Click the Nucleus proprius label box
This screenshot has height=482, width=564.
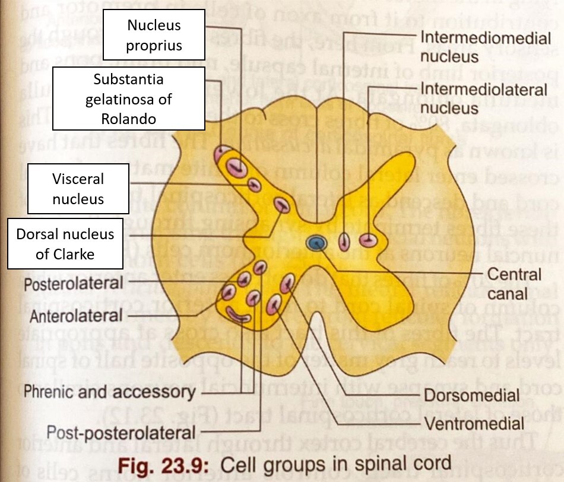pyautogui.click(x=154, y=36)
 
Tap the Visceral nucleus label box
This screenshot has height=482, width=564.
pyautogui.click(x=78, y=189)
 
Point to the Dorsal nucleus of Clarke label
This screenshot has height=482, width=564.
pyautogui.click(x=65, y=244)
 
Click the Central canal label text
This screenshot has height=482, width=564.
pyautogui.click(x=505, y=284)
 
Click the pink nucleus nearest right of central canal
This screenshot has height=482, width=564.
pyautogui.click(x=344, y=242)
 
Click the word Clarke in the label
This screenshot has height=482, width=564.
pyautogui.click(x=83, y=255)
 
